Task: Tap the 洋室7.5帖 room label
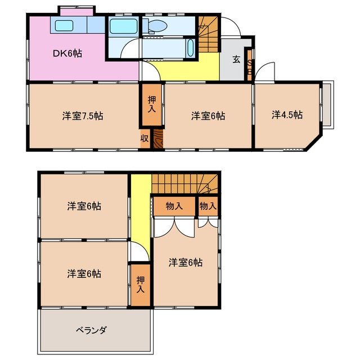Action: click(x=82, y=116)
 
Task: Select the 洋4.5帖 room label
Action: click(x=287, y=115)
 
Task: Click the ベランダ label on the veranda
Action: click(x=91, y=330)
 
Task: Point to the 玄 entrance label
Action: click(x=236, y=60)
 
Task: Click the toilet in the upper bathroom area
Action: click(x=155, y=26)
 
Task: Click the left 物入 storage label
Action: click(x=174, y=206)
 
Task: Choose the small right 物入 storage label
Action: click(x=208, y=206)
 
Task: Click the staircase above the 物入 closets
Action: click(x=186, y=183)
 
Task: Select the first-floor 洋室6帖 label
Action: click(x=208, y=116)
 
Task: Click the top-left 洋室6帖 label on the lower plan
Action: click(x=84, y=206)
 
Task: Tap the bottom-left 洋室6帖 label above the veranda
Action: click(x=84, y=274)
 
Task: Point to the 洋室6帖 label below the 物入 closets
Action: click(x=186, y=262)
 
